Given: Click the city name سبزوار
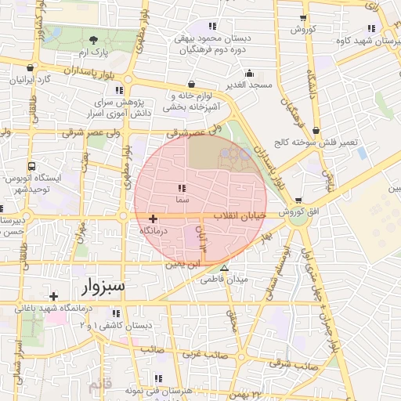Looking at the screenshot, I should [x=103, y=286].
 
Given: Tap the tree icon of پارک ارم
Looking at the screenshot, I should [x=94, y=40].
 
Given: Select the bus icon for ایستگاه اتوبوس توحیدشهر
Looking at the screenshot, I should [x=31, y=166].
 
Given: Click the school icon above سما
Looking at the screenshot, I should [x=182, y=188].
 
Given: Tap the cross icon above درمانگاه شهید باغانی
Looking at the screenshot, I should [x=53, y=296].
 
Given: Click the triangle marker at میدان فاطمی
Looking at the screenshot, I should [x=225, y=269].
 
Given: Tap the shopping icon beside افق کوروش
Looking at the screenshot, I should [x=298, y=200].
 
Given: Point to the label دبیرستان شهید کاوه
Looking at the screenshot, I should [x=368, y=42].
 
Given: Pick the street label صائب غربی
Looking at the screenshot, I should [x=205, y=354].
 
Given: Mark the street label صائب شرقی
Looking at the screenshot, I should [x=291, y=363].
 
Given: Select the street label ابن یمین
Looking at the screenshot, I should [x=182, y=265].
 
